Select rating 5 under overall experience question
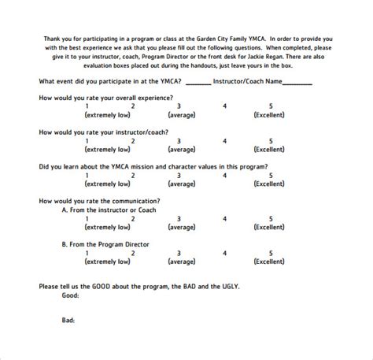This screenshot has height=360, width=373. point(271,106)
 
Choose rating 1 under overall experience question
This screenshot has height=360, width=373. point(97,106)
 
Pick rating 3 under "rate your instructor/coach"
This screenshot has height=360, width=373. point(179,141)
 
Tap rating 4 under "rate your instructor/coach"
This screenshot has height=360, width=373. point(225,141)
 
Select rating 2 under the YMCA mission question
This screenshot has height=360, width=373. point(133,176)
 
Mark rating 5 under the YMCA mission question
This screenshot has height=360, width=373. point(271,176)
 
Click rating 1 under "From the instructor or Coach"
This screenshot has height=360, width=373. point(97,219)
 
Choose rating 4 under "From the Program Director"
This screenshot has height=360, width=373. point(225,253)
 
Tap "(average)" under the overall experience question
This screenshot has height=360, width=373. point(181,114)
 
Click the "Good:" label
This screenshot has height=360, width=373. point(71,295)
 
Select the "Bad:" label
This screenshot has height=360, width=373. point(69,321)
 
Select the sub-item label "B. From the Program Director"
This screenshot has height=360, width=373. point(105,245)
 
